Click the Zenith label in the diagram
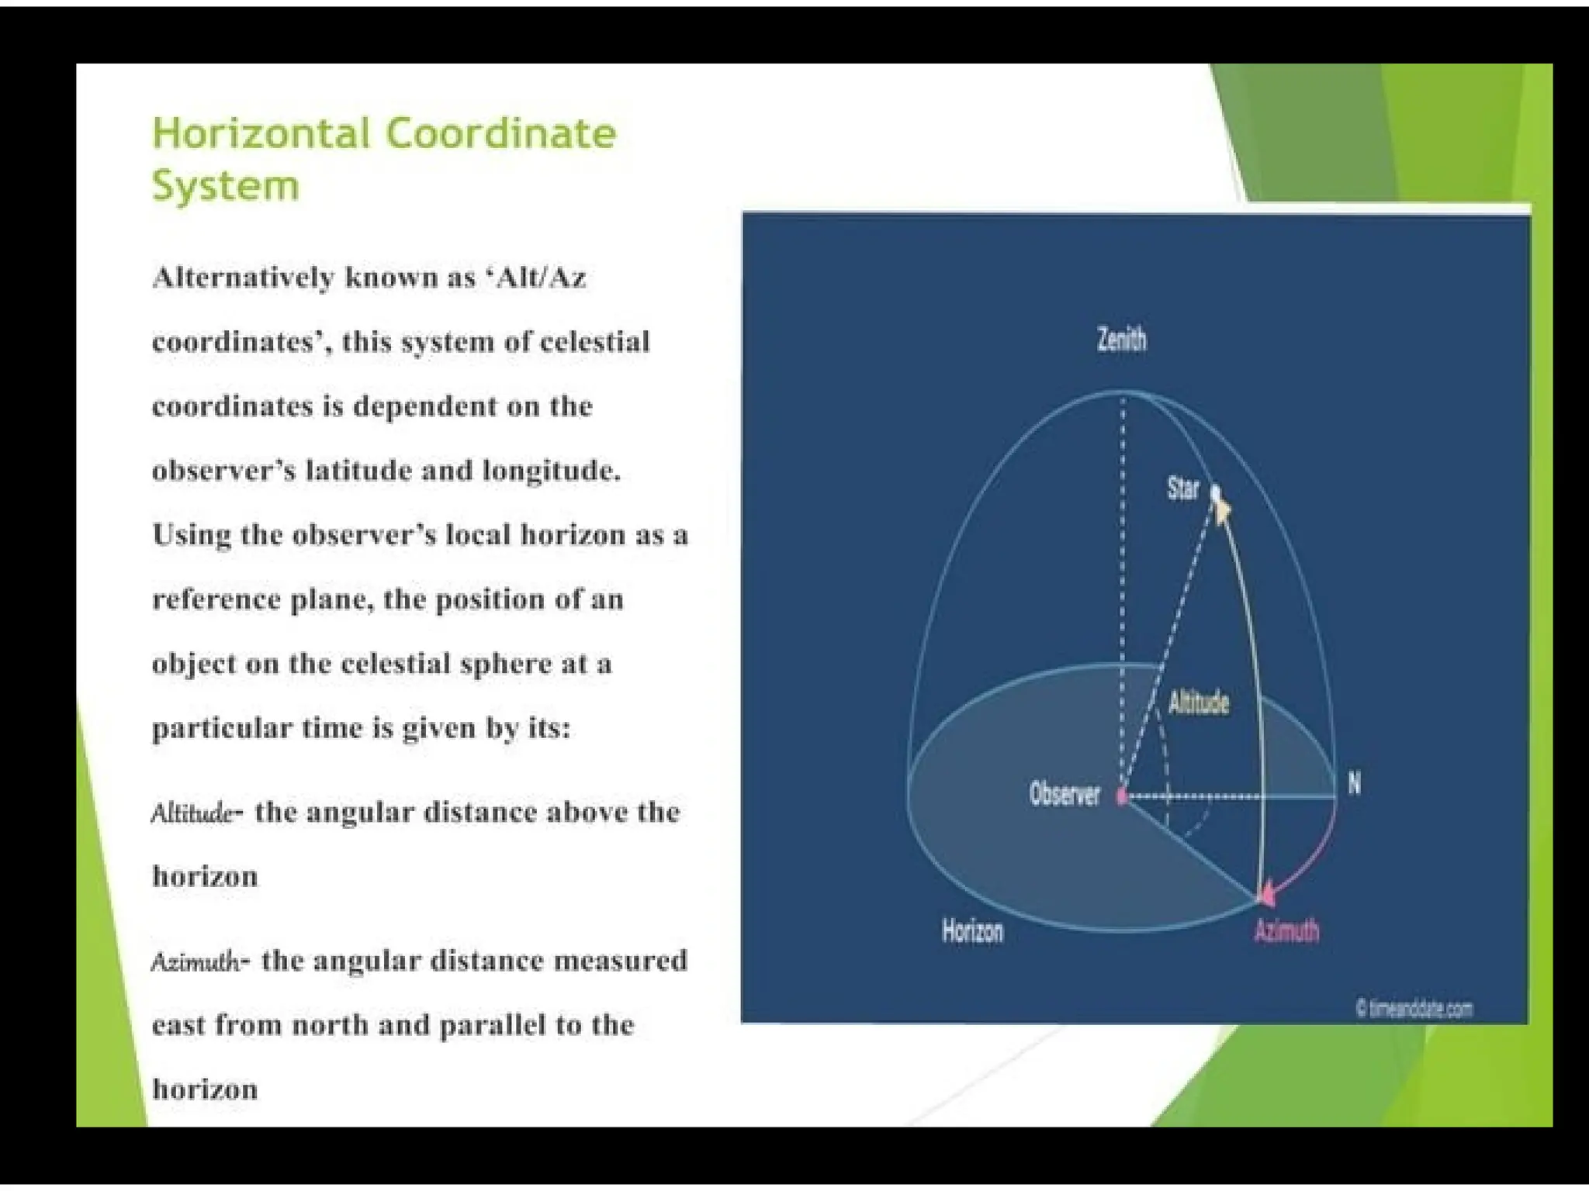[x=1121, y=340]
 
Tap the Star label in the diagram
[x=1182, y=488]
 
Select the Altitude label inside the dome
[x=1199, y=703]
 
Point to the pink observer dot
[x=1121, y=796]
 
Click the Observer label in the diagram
[x=1065, y=794]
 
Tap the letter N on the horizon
[x=1354, y=784]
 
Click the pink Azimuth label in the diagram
[x=1286, y=930]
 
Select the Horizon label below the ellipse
[x=972, y=930]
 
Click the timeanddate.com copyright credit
[x=1414, y=1009]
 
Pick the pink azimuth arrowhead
[x=1267, y=896]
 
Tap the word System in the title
[x=225, y=186]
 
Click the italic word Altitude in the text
[x=192, y=813]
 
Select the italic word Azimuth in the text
[x=196, y=962]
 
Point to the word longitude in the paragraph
[x=551, y=470]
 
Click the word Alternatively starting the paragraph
[x=243, y=277]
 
